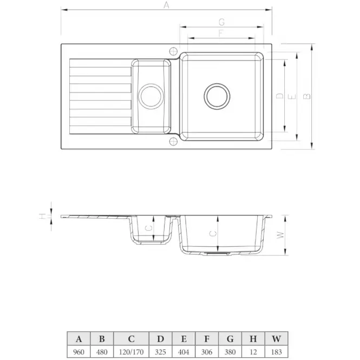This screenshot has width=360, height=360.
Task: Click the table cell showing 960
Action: point(78,352)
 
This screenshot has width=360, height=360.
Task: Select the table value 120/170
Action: point(131,352)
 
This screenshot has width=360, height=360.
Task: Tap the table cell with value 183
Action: point(277,352)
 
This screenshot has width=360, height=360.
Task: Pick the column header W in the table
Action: point(277,339)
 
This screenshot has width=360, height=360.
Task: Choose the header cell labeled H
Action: point(253,339)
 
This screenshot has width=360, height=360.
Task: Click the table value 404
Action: point(184,352)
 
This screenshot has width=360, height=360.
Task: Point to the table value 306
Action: point(207,352)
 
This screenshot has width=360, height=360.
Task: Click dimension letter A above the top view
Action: point(166,5)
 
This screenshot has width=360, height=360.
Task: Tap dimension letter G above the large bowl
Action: point(221,22)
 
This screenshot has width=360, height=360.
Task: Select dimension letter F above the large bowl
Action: point(221,33)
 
